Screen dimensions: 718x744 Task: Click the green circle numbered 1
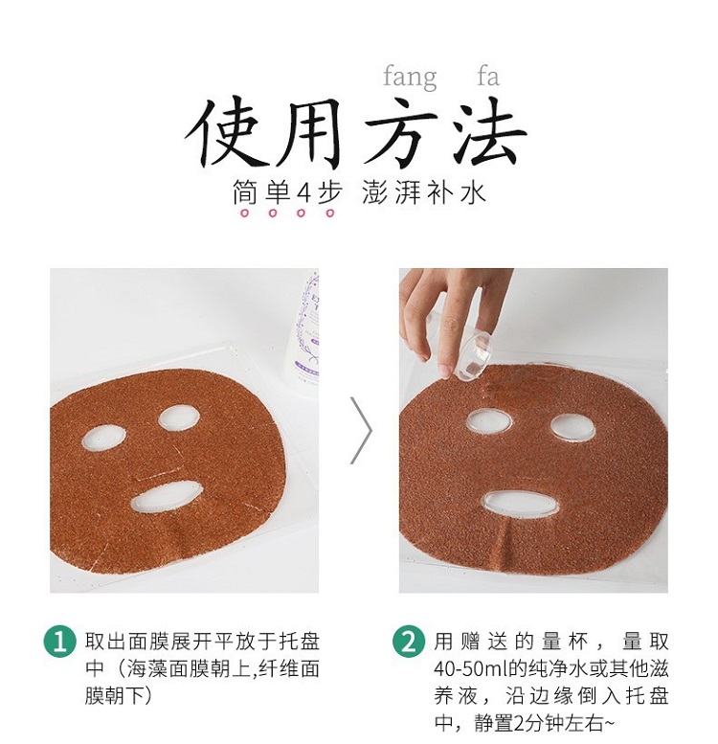59,642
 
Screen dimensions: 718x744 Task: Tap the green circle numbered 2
409,642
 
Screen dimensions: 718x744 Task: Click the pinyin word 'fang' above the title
410,78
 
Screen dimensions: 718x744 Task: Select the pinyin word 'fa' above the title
488,77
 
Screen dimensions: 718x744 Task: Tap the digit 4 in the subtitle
303,193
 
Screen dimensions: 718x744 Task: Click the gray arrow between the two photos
362,430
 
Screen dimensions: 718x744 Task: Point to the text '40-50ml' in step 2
470,669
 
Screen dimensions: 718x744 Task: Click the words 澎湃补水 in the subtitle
424,193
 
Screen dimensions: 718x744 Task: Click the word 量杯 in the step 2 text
566,642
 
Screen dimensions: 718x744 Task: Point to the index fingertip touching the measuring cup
447,370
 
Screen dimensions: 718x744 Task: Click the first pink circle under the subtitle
245,213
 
